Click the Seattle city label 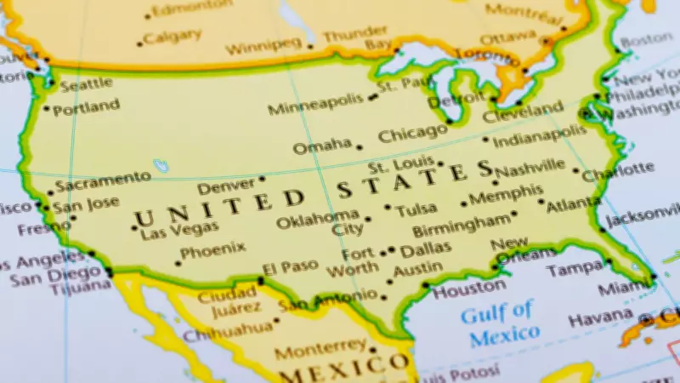point(85,83)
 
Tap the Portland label point(86,107)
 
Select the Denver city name point(225,186)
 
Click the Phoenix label point(212,250)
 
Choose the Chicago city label point(412,134)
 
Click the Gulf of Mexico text point(499,323)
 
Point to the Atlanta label point(575,205)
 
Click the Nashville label point(530,169)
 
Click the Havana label point(601,320)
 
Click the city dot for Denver point(261,179)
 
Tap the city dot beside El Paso point(261,278)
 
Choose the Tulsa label point(416,209)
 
